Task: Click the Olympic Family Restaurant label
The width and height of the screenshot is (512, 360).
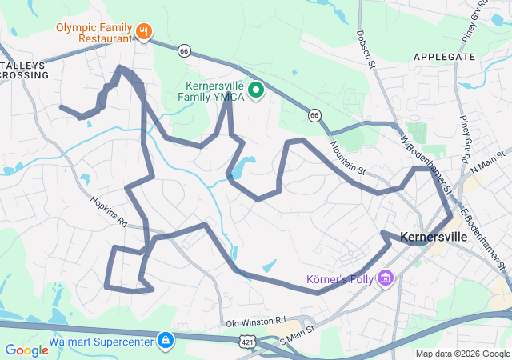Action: (93, 32)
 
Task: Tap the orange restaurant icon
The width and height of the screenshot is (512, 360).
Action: (144, 32)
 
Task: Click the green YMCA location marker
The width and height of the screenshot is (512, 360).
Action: (256, 90)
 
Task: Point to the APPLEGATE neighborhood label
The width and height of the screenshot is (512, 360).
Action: (445, 57)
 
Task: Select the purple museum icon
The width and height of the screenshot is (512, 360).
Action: (386, 279)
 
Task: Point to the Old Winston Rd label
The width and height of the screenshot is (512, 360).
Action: (256, 321)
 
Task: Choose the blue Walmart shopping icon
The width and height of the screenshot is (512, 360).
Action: (165, 340)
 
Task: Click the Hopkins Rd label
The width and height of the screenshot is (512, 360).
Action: (110, 213)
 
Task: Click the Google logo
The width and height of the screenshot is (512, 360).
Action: (26, 350)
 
